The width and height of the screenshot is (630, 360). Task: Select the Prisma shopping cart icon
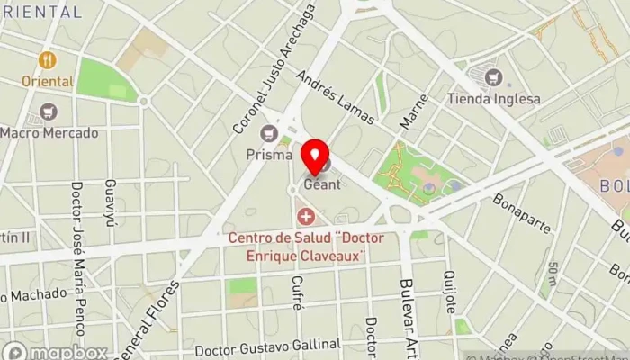(267, 134)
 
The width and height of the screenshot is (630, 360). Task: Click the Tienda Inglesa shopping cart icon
(492, 77)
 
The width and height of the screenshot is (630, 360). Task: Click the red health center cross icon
(307, 217)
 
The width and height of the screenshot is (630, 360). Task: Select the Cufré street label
(296, 293)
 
